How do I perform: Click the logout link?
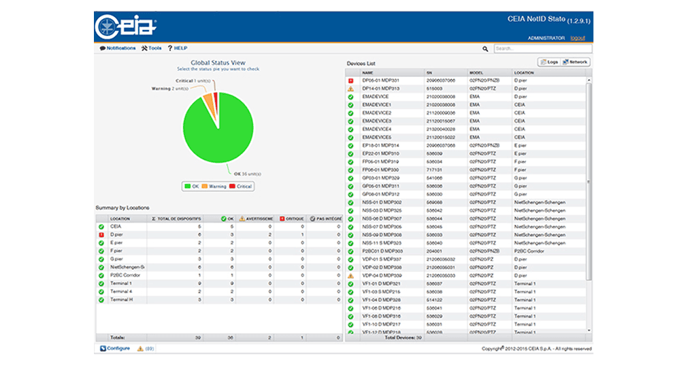point(577,38)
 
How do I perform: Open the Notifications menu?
point(118,48)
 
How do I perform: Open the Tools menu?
point(151,48)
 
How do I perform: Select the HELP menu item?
point(177,48)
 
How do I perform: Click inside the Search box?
point(542,49)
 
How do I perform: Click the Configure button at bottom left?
point(115,348)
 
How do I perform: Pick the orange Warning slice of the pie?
point(208,101)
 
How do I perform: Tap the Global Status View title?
point(218,63)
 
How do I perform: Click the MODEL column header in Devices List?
point(476,73)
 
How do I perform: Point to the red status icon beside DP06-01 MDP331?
point(350,80)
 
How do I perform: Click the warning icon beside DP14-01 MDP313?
point(350,89)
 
